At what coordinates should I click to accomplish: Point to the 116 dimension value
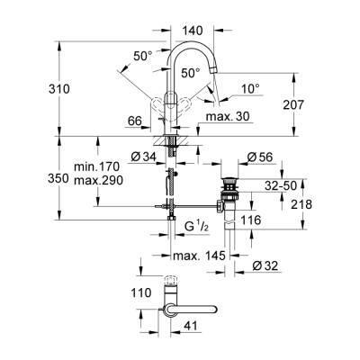coord(253,220)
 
